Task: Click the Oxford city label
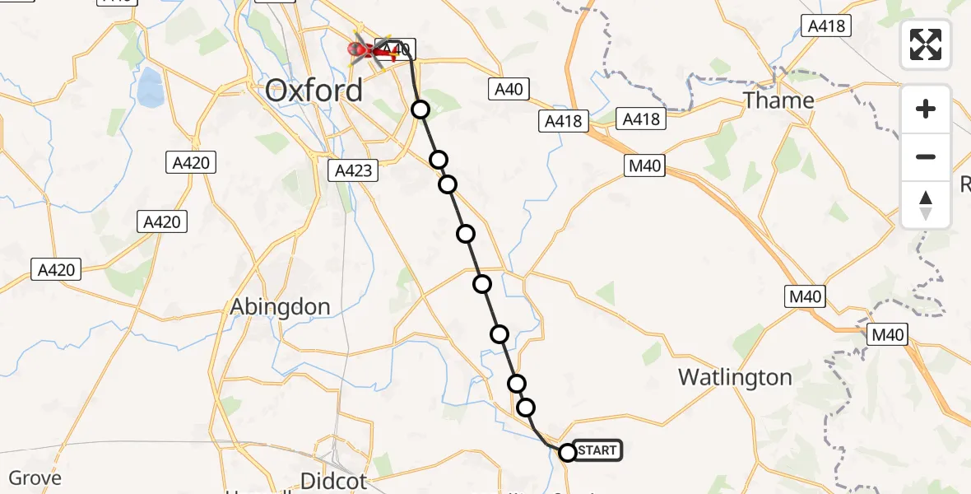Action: [314, 90]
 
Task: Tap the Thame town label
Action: [778, 100]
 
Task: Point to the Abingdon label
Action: [280, 306]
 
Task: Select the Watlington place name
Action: [735, 377]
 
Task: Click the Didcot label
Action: [333, 480]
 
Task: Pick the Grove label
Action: [35, 478]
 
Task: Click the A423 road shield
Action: [354, 170]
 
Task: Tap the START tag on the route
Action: [597, 450]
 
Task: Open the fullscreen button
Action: [926, 44]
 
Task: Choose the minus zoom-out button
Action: [926, 156]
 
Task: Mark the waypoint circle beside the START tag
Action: [567, 452]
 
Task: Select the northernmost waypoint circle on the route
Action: [420, 109]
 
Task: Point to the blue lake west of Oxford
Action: [149, 87]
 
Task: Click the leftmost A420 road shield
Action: [57, 268]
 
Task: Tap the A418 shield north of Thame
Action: [826, 26]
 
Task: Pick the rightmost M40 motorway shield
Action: [888, 334]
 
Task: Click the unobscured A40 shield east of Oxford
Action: [509, 89]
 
